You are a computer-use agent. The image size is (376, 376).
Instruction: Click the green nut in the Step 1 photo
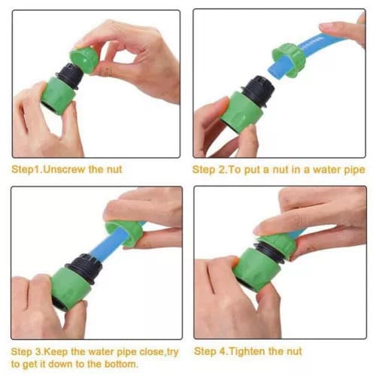coord(84,59)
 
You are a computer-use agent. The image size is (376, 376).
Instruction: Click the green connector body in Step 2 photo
coord(241,109)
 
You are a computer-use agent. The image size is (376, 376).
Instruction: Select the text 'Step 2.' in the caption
coord(209,170)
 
